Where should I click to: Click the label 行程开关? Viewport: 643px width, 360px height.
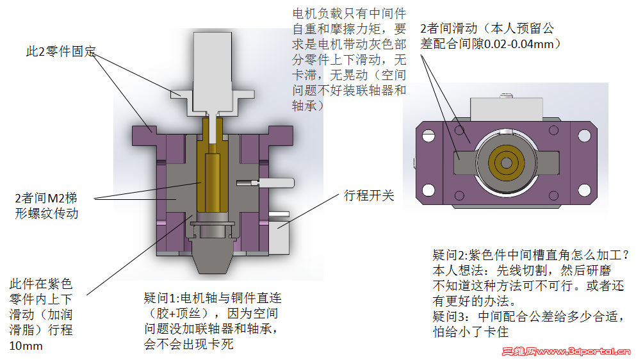click(x=369, y=196)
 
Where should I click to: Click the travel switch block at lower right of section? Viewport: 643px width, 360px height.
click(x=282, y=231)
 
